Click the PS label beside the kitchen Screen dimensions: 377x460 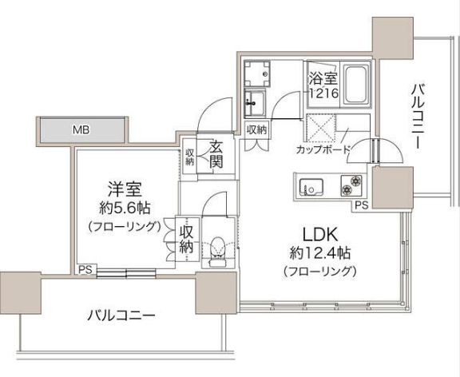tap(361, 205)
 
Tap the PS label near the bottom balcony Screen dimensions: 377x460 tap(84, 269)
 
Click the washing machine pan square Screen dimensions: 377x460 tap(256, 75)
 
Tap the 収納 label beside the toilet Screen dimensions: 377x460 tap(186, 239)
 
